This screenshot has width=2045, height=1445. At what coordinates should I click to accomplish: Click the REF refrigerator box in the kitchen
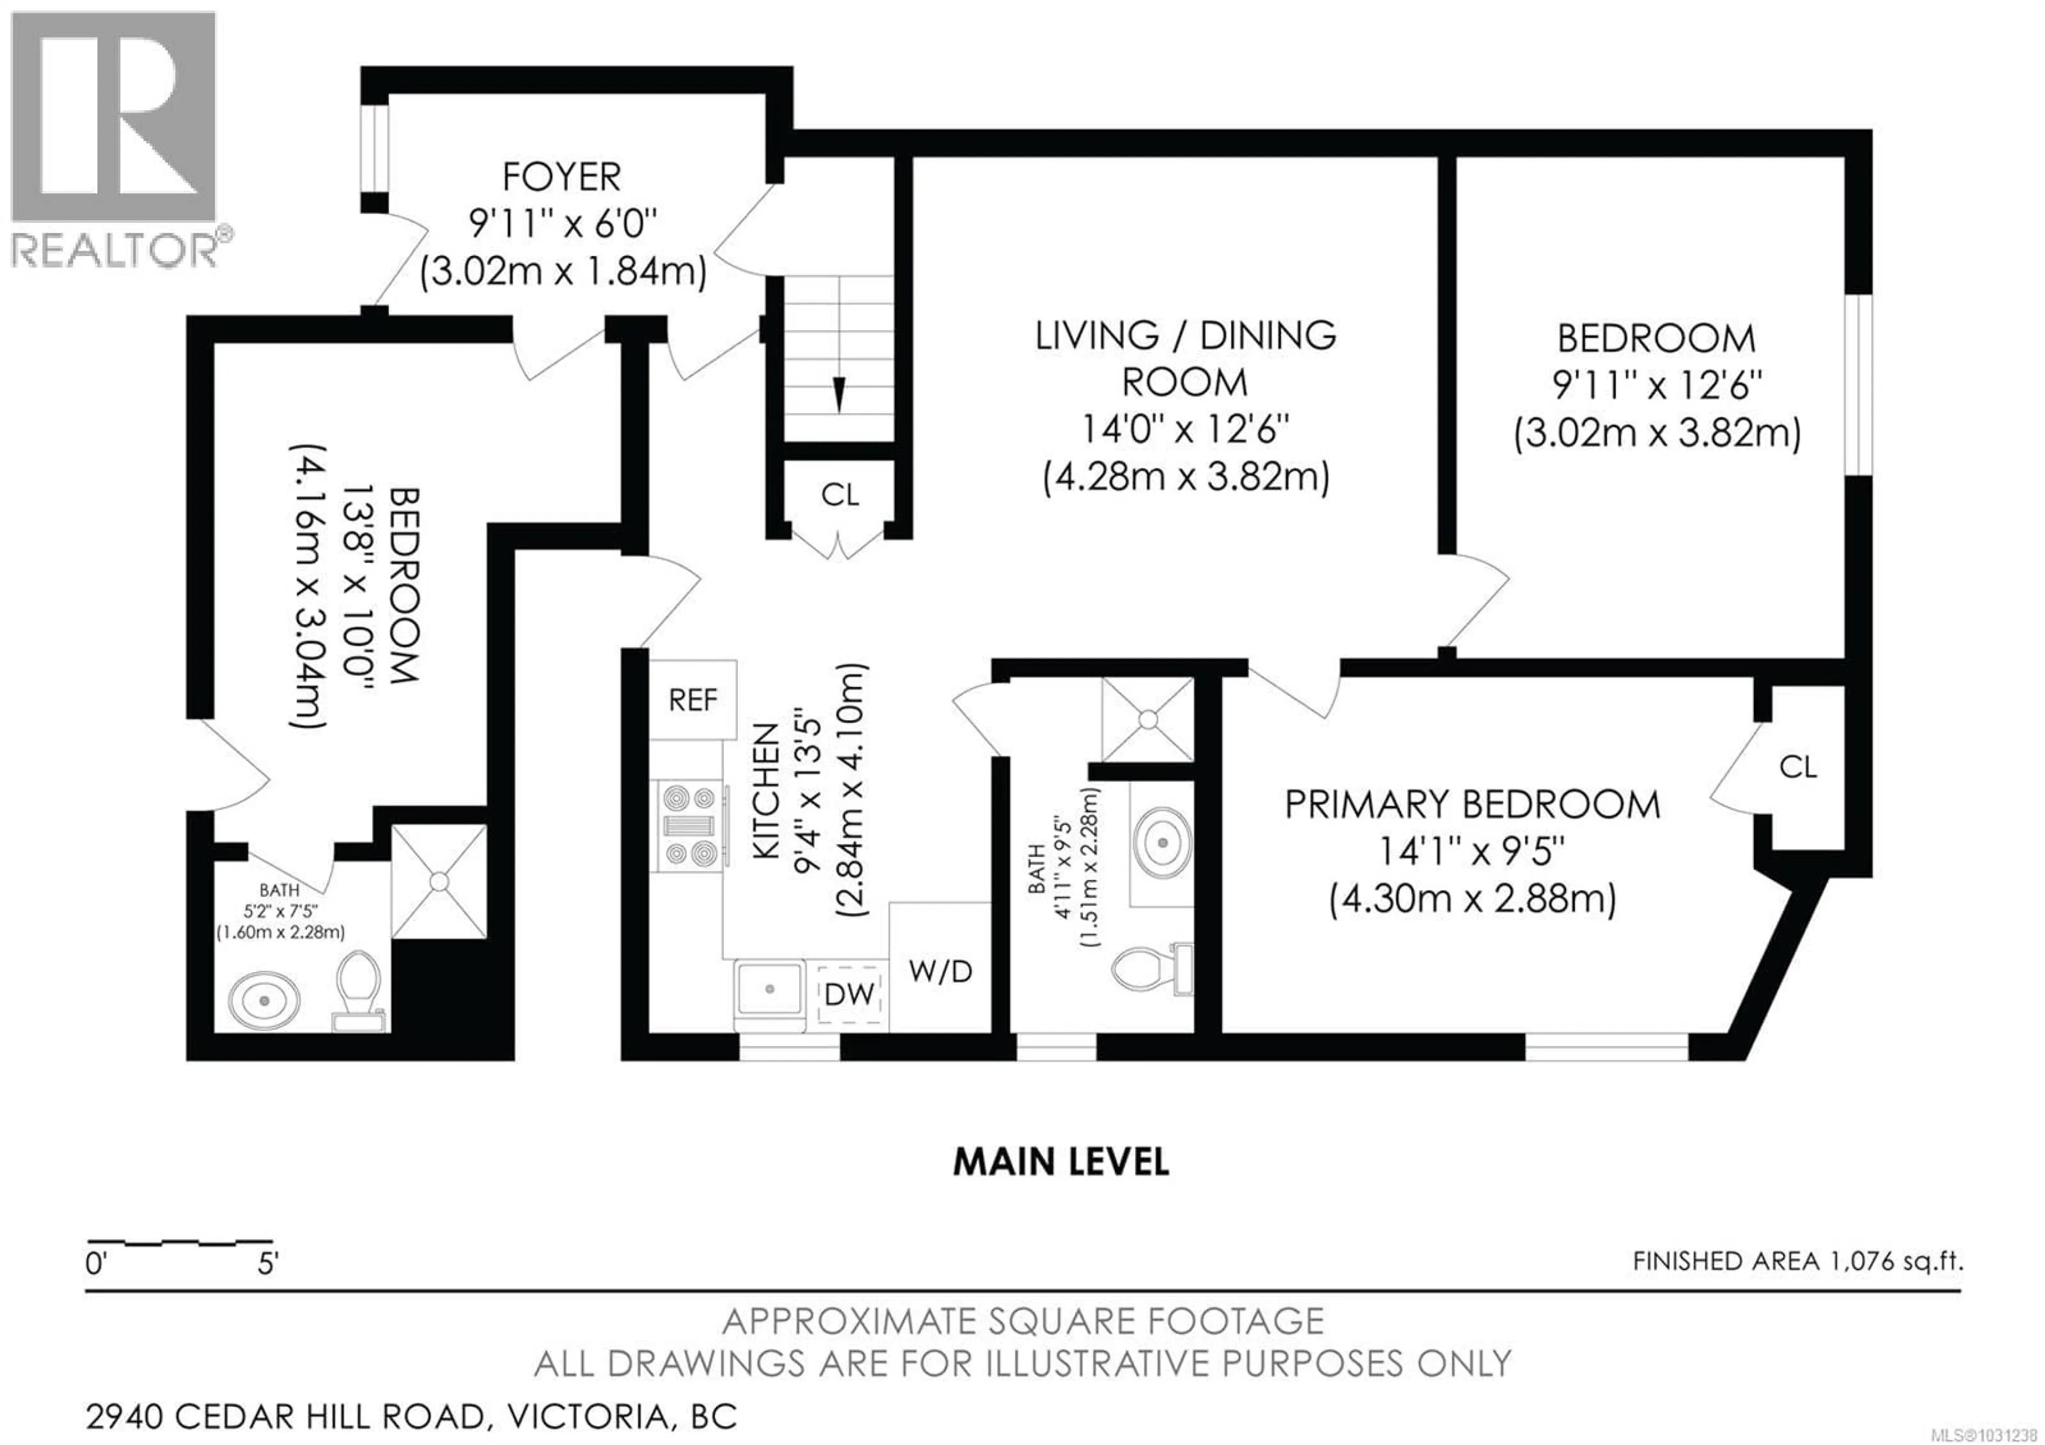(692, 700)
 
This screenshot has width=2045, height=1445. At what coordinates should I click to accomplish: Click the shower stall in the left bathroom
(439, 880)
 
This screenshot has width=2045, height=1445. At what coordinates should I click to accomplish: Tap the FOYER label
(561, 177)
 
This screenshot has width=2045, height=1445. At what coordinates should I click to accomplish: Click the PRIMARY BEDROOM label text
(1471, 805)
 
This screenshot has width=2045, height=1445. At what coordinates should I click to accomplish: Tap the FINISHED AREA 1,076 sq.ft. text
(1797, 1261)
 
